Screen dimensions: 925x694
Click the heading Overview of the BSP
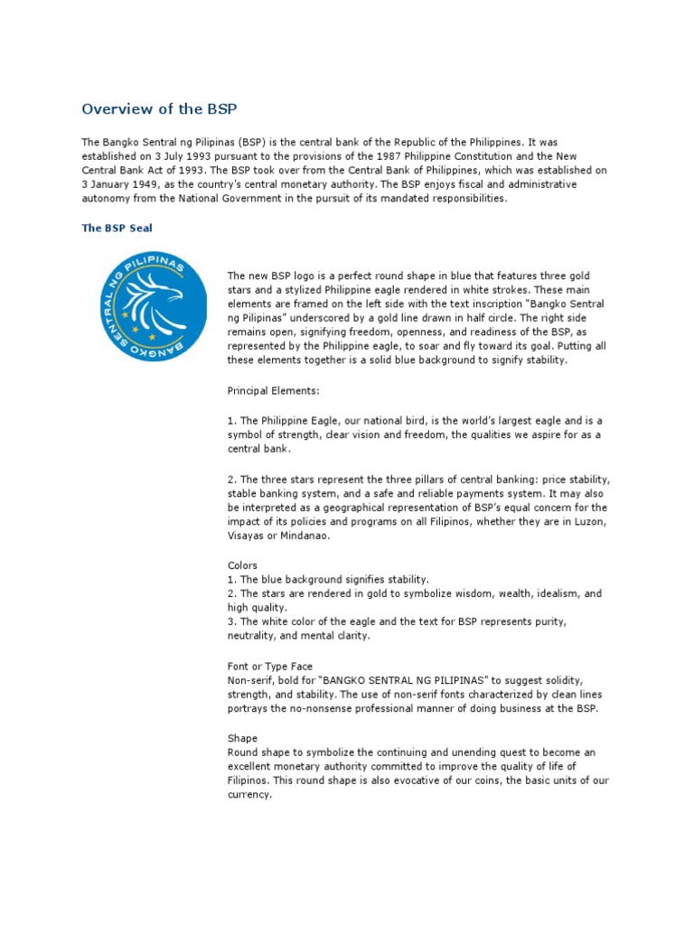159,109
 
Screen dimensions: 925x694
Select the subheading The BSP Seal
117,229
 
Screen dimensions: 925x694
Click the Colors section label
243,565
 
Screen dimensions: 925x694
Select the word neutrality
258,635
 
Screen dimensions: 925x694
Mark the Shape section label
242,738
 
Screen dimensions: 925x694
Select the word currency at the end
249,795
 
